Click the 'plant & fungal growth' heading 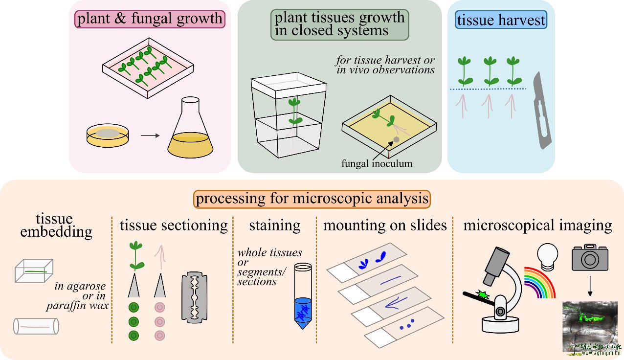click(149, 20)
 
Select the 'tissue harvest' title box click(501, 21)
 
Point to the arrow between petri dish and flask click(150, 135)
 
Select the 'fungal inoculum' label click(377, 163)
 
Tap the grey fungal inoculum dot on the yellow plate click(396, 140)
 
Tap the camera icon click(590, 257)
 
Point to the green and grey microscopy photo click(590, 325)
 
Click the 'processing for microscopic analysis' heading click(312, 199)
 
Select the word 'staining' click(274, 225)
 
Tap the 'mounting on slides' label click(385, 225)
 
